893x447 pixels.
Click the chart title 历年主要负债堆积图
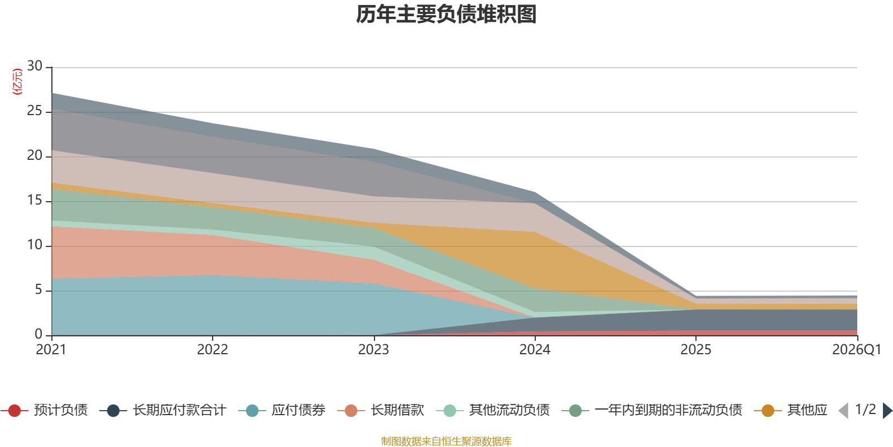coord(446,15)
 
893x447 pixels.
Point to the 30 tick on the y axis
coord(35,66)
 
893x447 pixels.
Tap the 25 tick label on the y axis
coord(35,111)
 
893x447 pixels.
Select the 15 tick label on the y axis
coord(35,200)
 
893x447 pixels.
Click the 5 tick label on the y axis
coord(39,289)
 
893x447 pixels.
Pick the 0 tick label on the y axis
coord(39,334)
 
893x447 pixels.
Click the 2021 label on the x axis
coord(51,350)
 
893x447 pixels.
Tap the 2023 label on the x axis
coord(373,350)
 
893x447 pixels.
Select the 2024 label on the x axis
coord(535,350)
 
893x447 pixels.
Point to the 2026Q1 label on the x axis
coord(857,350)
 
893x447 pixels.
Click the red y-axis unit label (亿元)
coord(17,82)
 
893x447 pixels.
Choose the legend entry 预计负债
coord(44,410)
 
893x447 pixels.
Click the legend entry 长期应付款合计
coord(163,410)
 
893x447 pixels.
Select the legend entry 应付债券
coord(282,410)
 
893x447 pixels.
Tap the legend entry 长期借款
coord(381,410)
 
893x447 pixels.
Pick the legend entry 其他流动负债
coord(493,410)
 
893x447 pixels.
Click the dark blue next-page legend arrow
coord(887,410)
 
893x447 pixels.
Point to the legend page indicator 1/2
coord(866,410)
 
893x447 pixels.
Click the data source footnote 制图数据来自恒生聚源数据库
coord(446,441)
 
